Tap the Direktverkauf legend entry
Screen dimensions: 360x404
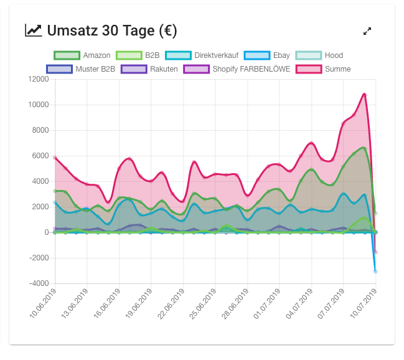[202, 55]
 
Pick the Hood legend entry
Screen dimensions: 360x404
[319, 55]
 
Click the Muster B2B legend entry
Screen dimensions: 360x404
[81, 69]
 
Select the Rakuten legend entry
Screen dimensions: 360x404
[149, 69]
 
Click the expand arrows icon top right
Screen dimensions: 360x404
[367, 31]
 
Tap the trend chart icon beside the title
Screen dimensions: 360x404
[34, 30]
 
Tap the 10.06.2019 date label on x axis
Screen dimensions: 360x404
[44, 303]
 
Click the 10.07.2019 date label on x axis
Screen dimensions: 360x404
[365, 303]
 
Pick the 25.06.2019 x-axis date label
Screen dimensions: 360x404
[204, 303]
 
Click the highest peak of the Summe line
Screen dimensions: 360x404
[365, 95]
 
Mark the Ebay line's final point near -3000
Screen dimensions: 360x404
[375, 271]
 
